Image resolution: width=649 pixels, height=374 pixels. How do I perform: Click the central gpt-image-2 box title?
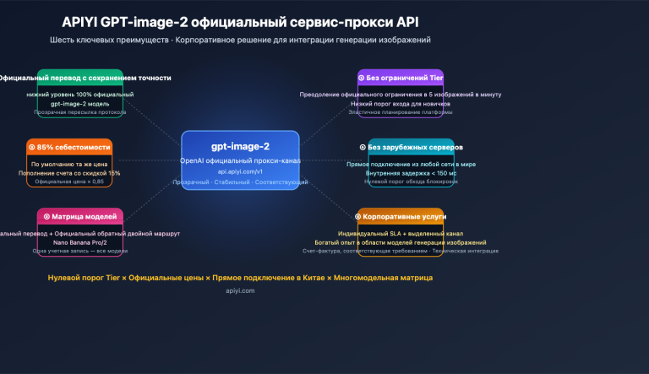point(240,146)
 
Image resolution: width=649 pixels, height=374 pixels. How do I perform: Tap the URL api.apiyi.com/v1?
point(240,171)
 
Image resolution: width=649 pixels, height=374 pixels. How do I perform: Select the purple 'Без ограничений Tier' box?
point(401,77)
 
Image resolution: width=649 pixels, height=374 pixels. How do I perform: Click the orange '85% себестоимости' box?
point(68,147)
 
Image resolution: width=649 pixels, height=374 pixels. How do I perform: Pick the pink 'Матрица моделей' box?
point(80,216)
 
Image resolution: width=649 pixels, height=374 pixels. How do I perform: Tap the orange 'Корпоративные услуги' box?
point(400,216)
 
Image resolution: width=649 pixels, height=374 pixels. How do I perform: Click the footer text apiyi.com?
point(240,290)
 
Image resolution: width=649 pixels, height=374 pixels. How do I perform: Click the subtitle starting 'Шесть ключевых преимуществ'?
point(240,40)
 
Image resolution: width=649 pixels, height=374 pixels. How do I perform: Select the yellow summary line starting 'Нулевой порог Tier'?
point(240,277)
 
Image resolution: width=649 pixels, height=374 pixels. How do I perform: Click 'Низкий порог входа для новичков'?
point(401,103)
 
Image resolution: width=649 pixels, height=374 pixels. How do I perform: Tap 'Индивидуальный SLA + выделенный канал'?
point(401,233)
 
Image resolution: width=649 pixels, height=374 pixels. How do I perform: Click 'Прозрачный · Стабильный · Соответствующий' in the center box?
point(240,182)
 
